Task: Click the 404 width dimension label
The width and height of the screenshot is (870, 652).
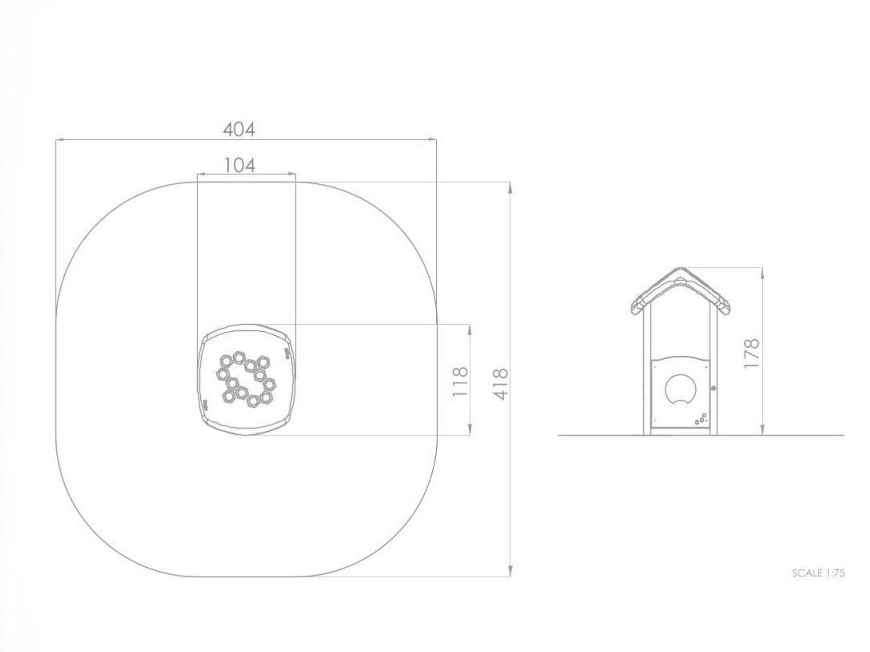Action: coord(239,129)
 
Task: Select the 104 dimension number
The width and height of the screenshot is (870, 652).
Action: coord(240,165)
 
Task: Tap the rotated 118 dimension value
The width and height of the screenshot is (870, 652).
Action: coord(460,382)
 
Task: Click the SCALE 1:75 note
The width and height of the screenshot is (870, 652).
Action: coord(818,573)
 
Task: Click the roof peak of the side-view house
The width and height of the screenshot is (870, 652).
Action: coord(680,268)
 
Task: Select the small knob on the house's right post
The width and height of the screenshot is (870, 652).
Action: coord(714,387)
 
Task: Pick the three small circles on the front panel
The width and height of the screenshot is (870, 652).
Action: coord(701,419)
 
